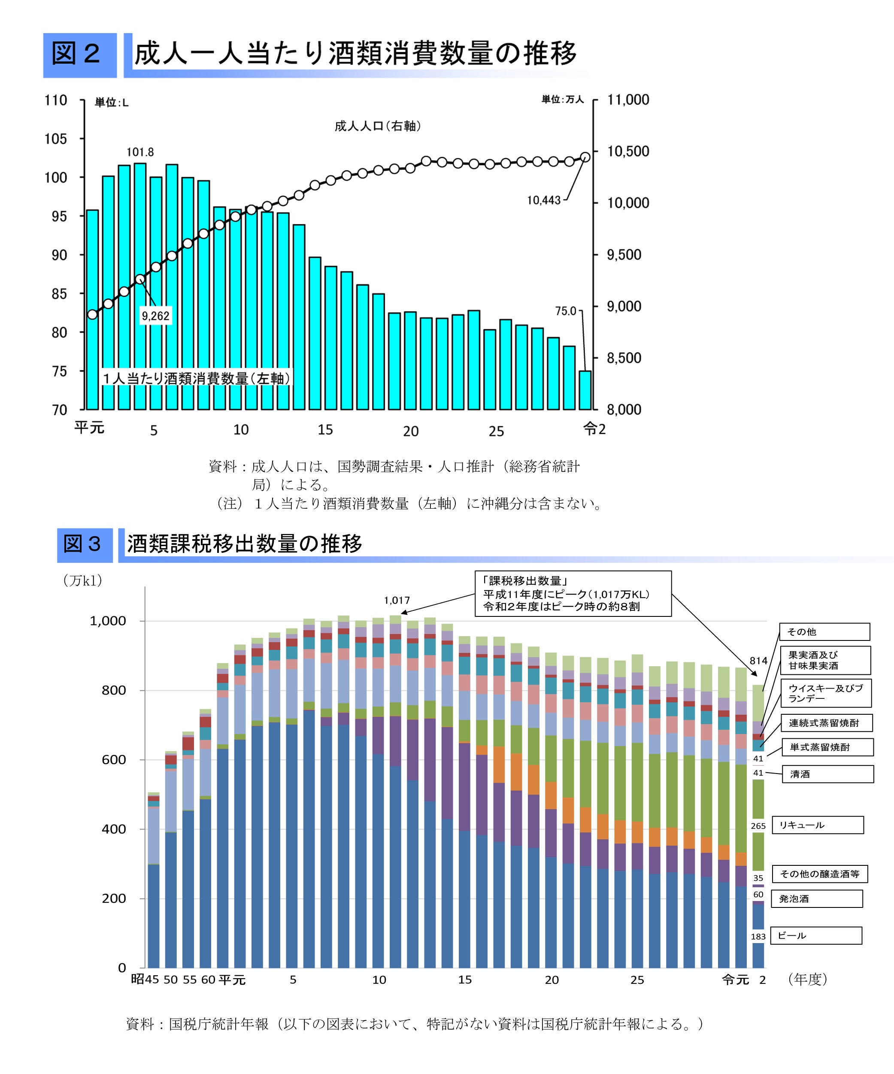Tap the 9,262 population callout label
click(155, 316)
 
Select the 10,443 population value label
click(544, 200)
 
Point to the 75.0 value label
click(566, 311)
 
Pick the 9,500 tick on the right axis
click(624, 255)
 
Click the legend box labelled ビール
click(816, 935)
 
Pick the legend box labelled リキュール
click(817, 825)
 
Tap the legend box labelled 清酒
click(827, 774)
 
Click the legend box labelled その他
click(824, 631)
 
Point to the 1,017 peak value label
click(397, 601)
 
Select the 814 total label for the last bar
click(758, 661)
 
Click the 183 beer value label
click(758, 937)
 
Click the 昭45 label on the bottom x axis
click(145, 980)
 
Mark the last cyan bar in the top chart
click(585, 390)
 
